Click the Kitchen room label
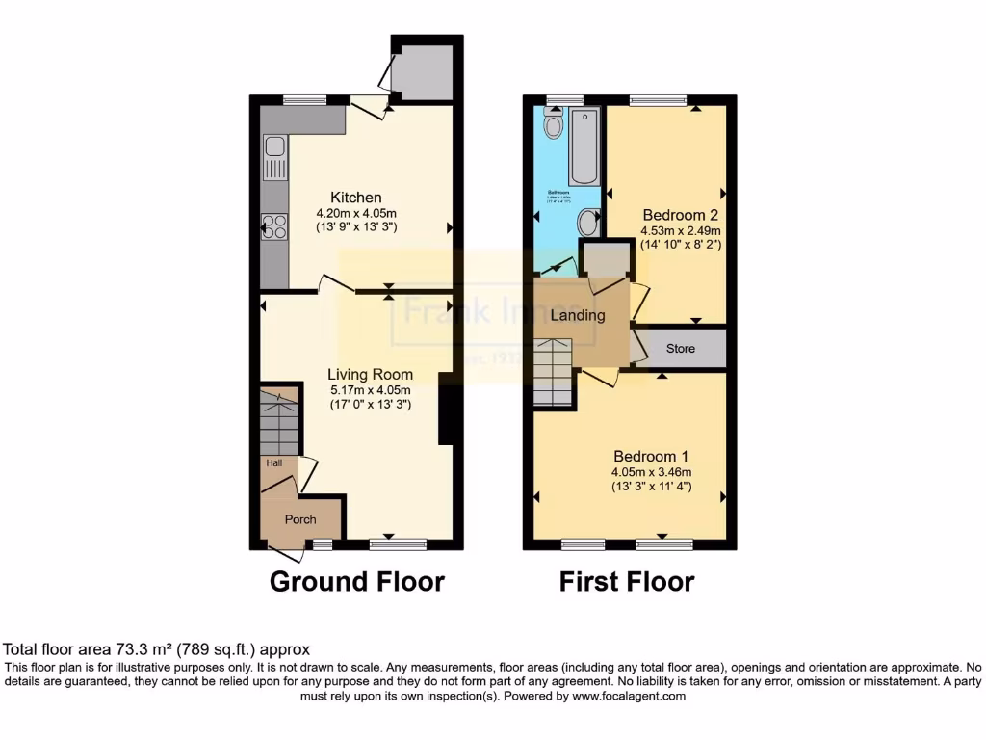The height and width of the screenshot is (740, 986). pos(356,198)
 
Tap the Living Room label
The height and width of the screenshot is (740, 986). pos(370,375)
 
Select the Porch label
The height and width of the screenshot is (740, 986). pos(300,519)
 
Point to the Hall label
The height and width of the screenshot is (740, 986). pos(275,463)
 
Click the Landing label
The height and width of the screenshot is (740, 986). pos(578,315)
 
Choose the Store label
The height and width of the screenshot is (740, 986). pos(680,349)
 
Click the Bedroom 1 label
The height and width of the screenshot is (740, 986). pos(650,456)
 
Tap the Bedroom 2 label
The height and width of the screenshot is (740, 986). pos(681,214)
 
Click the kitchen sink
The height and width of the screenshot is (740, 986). pos(274,147)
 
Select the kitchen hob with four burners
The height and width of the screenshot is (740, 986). pos(274,226)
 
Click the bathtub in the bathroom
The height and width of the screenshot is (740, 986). pos(584,146)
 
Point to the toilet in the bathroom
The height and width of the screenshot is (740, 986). pos(553,122)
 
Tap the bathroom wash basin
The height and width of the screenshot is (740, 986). pos(588,223)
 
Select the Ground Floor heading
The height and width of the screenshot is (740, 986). pos(356,582)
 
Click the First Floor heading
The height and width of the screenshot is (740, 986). pos(627,582)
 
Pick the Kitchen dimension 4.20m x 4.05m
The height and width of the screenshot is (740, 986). pos(356,213)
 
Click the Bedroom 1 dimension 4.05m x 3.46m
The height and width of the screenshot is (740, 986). pos(650,472)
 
